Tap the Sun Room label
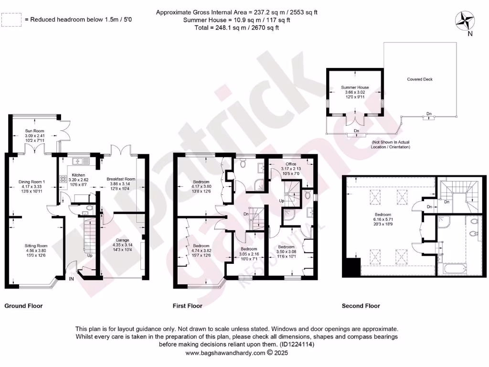pyautogui.click(x=34, y=130)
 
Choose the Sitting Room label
pyautogui.click(x=36, y=246)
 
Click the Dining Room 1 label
pyautogui.click(x=32, y=182)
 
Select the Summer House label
pyautogui.click(x=355, y=88)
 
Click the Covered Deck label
pyautogui.click(x=420, y=79)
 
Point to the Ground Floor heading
pyautogui.click(x=23, y=306)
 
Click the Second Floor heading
pyautogui.click(x=361, y=306)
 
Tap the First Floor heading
pyautogui.click(x=187, y=306)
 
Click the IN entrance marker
pyautogui.click(x=72, y=279)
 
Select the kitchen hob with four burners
pyautogui.click(x=63, y=180)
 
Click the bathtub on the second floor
pyautogui.click(x=453, y=270)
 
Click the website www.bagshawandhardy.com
pyautogui.click(x=225, y=353)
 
